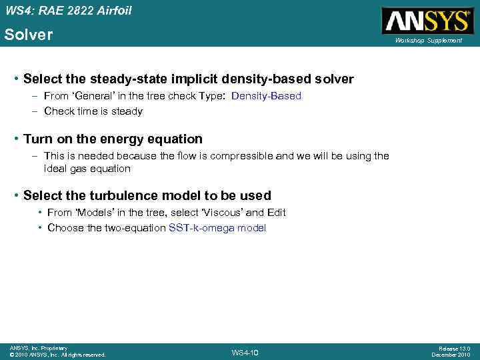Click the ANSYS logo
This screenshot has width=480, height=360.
tap(427, 21)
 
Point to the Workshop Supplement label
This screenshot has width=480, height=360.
tap(428, 41)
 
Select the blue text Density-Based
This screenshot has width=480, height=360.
tap(266, 96)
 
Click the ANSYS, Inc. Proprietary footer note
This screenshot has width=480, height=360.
tap(38, 348)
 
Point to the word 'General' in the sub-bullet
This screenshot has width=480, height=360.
tap(93, 96)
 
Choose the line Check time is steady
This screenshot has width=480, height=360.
tap(93, 111)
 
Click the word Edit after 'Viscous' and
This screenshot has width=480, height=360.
tap(275, 213)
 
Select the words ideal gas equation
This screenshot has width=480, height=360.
tap(87, 169)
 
